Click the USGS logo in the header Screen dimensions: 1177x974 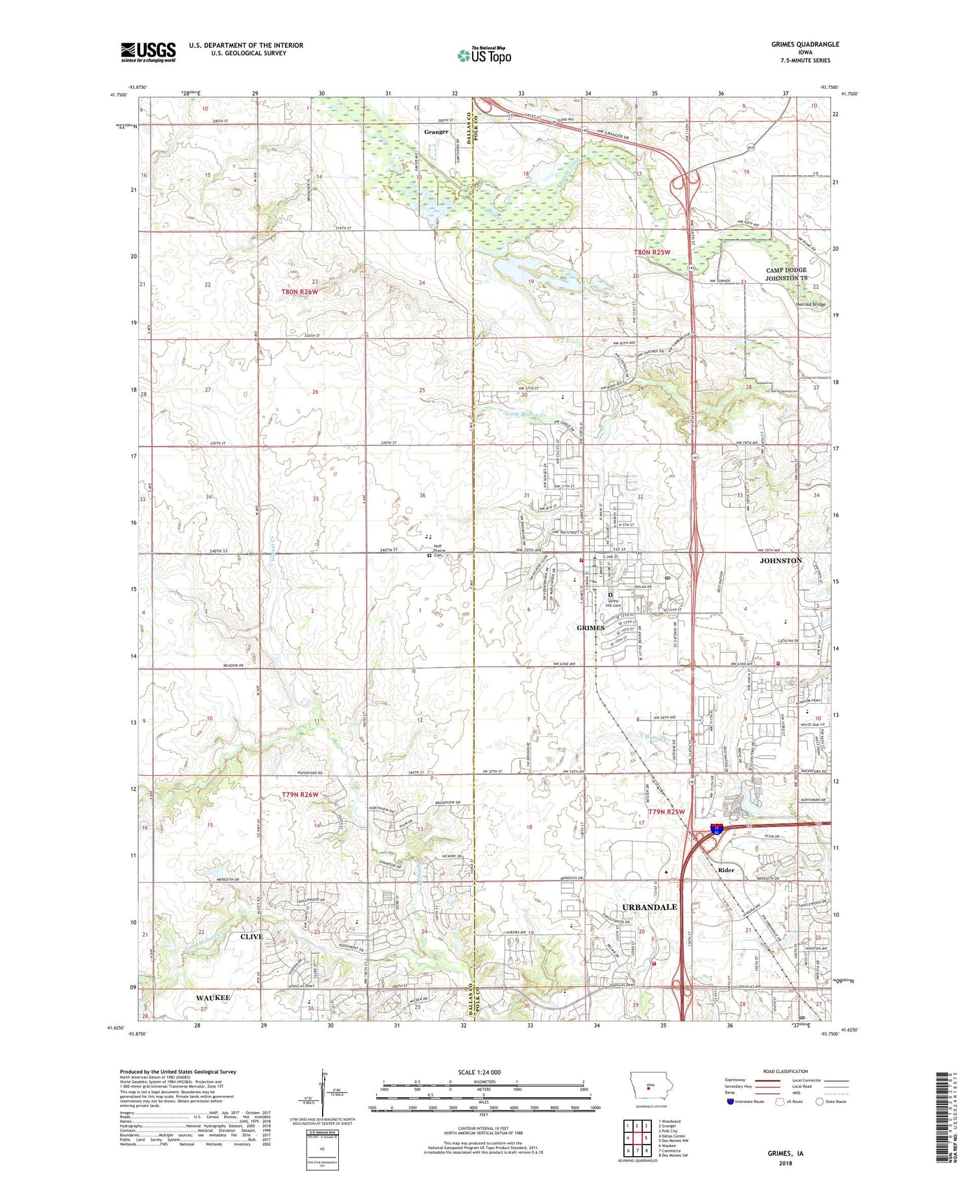click(148, 52)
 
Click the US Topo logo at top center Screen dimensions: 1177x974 click(484, 56)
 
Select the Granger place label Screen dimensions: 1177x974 click(436, 132)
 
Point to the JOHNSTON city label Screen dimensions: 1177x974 click(780, 560)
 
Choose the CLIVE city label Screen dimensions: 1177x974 click(251, 937)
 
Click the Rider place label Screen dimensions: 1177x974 click(726, 870)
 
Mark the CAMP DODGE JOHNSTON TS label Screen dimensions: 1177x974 click(786, 274)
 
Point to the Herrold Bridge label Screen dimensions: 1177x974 click(810, 304)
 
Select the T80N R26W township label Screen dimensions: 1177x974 click(300, 292)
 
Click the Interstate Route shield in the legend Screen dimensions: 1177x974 click(730, 1102)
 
